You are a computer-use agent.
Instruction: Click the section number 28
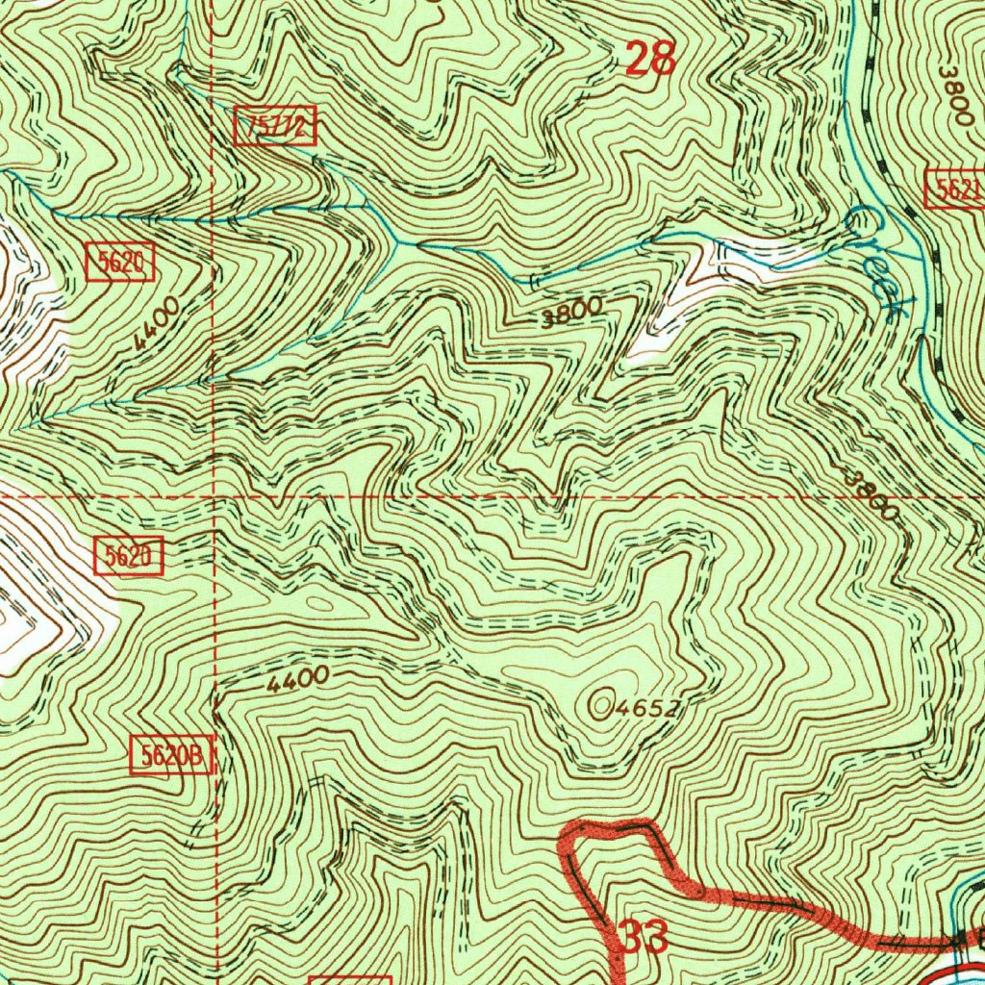651,60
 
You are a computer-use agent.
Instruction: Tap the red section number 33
641,937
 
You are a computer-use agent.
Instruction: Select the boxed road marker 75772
275,127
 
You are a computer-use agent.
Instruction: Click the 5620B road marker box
170,756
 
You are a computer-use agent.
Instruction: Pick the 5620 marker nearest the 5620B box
129,556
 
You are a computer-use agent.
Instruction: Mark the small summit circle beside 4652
602,706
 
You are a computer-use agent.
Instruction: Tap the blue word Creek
877,262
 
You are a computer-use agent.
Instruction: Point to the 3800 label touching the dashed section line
871,493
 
